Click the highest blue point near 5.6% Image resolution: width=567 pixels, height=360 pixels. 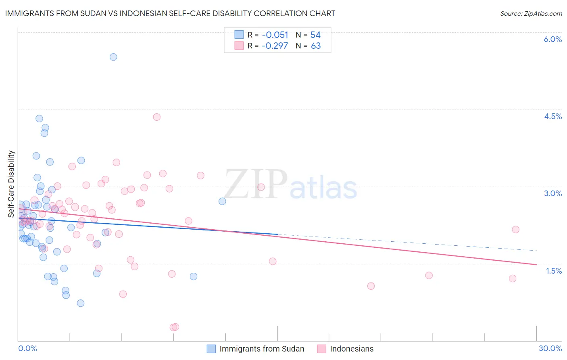pos(113,57)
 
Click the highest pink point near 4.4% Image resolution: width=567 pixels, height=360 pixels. pos(157,117)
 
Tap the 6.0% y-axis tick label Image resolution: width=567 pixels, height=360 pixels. pos(552,39)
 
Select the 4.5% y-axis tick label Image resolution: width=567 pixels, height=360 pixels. pos(552,116)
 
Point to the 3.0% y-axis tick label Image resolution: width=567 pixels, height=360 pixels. pos(552,193)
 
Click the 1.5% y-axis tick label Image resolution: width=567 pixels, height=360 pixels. pos(554,271)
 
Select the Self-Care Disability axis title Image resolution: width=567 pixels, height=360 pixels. pos(11,184)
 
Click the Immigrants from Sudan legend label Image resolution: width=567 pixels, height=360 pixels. pos(262,349)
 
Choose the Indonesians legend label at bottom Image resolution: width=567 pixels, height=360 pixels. pos(352,349)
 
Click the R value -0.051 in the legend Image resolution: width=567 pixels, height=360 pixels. pos(275,35)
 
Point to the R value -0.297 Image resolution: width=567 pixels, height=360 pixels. pos(275,46)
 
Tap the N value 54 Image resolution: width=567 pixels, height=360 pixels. pos(315,35)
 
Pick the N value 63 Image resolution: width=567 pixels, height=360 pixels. pos(316,46)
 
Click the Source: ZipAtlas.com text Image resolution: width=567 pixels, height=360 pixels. pos(531,14)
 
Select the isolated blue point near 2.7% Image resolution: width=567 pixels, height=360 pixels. pos(222,201)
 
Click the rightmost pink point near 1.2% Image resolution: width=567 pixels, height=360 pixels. pos(513,278)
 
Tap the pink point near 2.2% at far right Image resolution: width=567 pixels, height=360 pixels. pos(515,230)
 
